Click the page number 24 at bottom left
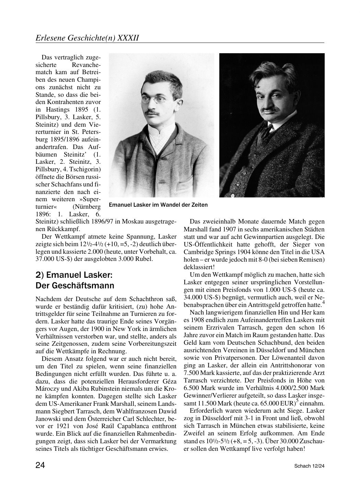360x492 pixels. click(x=40, y=465)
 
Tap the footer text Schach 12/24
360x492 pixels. click(x=309, y=466)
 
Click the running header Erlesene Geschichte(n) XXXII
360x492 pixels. click(x=87, y=37)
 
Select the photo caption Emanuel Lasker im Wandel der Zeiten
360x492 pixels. click(x=158, y=205)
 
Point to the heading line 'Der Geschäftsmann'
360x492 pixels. click(x=75, y=286)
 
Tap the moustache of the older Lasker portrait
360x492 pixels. click(x=271, y=110)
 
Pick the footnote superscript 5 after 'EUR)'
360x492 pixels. click(x=297, y=401)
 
